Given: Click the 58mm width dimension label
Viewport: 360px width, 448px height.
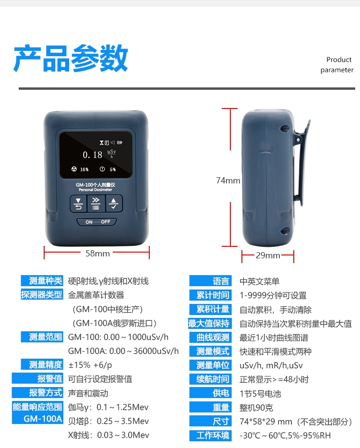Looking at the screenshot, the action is point(97,254).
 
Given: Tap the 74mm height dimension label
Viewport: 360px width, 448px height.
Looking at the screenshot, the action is point(228,180).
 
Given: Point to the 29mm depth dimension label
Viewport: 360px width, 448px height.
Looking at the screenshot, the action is point(268,255).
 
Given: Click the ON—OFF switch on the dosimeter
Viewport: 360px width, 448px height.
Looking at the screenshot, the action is point(97,222).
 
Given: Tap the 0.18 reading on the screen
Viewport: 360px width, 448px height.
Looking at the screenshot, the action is point(93,155).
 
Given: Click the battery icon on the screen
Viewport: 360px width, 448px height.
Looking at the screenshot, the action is point(120,142).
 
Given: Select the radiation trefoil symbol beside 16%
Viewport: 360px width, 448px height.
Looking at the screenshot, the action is point(74,169).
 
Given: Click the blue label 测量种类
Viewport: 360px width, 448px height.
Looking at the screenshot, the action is point(42,280).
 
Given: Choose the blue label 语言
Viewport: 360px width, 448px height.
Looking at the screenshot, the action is point(210,281).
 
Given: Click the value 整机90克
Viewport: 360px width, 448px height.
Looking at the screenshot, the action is point(256,408).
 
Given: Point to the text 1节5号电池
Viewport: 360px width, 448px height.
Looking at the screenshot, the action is point(260,394).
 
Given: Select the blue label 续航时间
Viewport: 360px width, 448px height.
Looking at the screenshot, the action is point(210,379).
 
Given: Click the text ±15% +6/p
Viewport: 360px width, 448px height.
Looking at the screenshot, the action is point(90,365).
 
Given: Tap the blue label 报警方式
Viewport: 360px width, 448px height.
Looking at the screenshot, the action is point(37,393).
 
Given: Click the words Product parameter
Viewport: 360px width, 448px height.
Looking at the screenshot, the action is point(337,65).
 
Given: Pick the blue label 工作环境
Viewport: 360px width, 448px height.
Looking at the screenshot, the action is point(210,436).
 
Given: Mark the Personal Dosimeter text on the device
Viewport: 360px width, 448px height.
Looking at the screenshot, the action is point(96,190).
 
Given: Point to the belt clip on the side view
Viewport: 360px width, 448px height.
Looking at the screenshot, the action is point(300,163).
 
